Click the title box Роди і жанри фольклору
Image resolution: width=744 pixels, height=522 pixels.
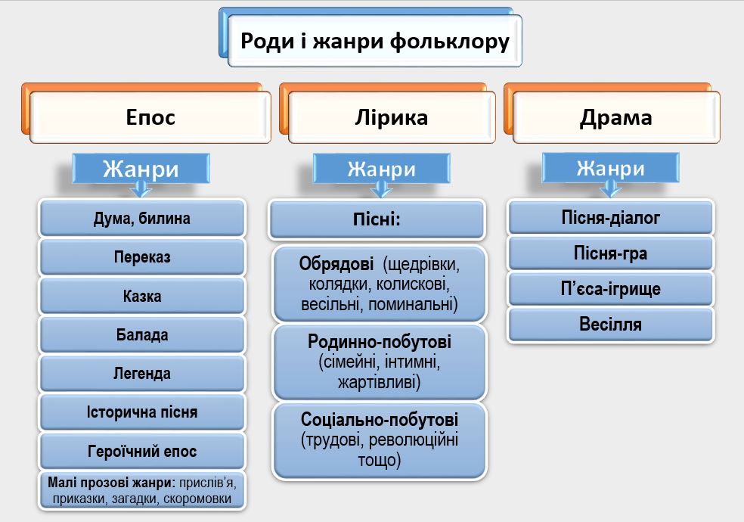(374, 40)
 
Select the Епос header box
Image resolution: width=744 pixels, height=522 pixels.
(150, 117)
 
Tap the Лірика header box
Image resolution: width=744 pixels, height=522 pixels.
(392, 117)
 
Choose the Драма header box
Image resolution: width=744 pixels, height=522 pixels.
(615, 117)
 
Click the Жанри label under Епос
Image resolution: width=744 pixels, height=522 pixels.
(141, 169)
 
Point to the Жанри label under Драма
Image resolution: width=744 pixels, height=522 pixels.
(610, 167)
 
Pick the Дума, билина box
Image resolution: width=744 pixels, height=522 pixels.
(142, 219)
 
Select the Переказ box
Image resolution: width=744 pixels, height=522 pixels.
(142, 257)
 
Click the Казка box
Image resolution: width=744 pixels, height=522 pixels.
(142, 297)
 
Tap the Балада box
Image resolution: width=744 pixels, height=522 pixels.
(142, 335)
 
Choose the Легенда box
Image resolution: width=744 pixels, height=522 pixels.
(142, 374)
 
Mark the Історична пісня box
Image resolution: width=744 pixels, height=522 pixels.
(142, 412)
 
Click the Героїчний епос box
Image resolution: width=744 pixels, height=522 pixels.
(142, 452)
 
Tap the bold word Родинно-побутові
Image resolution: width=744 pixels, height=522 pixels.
(379, 341)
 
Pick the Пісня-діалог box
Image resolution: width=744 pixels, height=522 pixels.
(611, 218)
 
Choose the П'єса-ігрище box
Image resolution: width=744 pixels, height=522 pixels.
(611, 289)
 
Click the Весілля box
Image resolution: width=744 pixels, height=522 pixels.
(611, 325)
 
